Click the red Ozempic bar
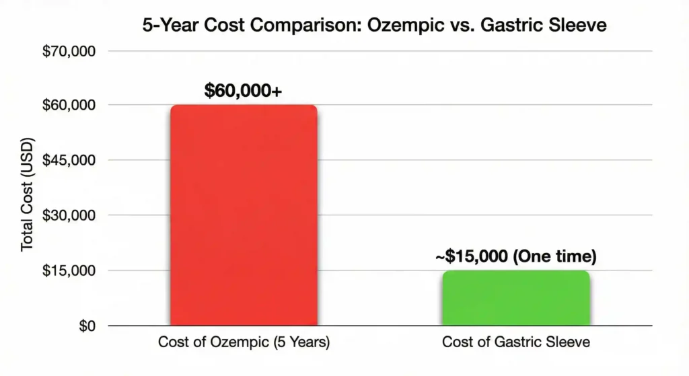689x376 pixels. [244, 215]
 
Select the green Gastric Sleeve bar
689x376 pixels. [515, 298]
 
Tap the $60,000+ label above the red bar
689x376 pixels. [243, 89]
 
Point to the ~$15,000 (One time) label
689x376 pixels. [515, 256]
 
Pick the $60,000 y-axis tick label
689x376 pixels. [70, 106]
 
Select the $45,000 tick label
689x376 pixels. [70, 161]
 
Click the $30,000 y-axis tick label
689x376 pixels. [70, 215]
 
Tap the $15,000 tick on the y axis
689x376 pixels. [70, 270]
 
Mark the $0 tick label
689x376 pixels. [85, 326]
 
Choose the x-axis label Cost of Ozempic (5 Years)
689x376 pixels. [244, 342]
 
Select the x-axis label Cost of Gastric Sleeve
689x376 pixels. [515, 342]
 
